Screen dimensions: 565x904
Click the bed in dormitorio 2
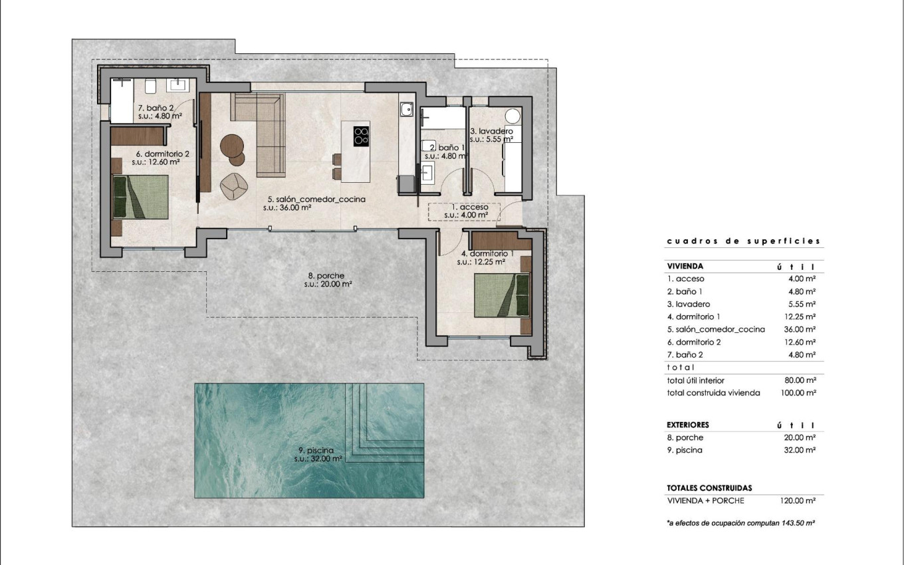click(140, 196)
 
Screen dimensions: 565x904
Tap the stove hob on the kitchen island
click(361, 136)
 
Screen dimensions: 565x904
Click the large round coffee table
click(233, 144)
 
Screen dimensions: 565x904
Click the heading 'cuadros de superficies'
click(743, 241)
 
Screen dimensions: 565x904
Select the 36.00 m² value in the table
click(801, 329)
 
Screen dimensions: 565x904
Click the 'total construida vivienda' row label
click(713, 393)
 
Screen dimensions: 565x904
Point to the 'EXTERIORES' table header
click(687, 424)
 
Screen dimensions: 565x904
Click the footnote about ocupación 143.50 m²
click(740, 523)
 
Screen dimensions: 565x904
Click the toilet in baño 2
click(150, 85)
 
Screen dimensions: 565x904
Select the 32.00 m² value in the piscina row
click(801, 450)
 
